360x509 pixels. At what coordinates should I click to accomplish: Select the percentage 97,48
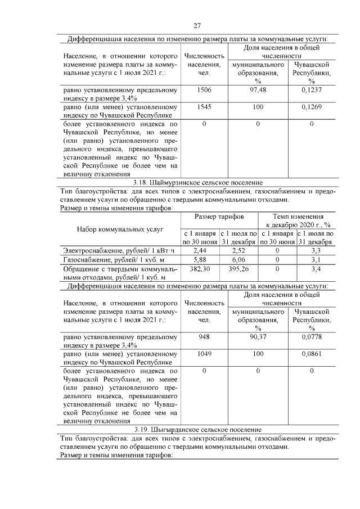258,90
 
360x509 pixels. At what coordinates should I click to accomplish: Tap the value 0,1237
311,90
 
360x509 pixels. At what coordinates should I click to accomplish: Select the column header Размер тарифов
219,217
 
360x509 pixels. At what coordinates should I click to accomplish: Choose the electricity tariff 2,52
238,250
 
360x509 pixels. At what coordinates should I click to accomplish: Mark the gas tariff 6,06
238,259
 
